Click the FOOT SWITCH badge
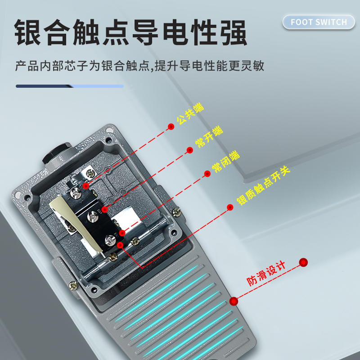(x=319, y=22)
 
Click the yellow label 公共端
(x=190, y=114)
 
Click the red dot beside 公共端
(x=171, y=127)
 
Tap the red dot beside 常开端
(x=189, y=150)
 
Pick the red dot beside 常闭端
(x=207, y=174)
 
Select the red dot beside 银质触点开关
(x=230, y=207)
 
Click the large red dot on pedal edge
(x=234, y=301)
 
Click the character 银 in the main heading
(x=30, y=32)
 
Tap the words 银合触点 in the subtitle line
(x=126, y=67)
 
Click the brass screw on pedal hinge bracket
(x=72, y=285)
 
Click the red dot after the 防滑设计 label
(x=304, y=262)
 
